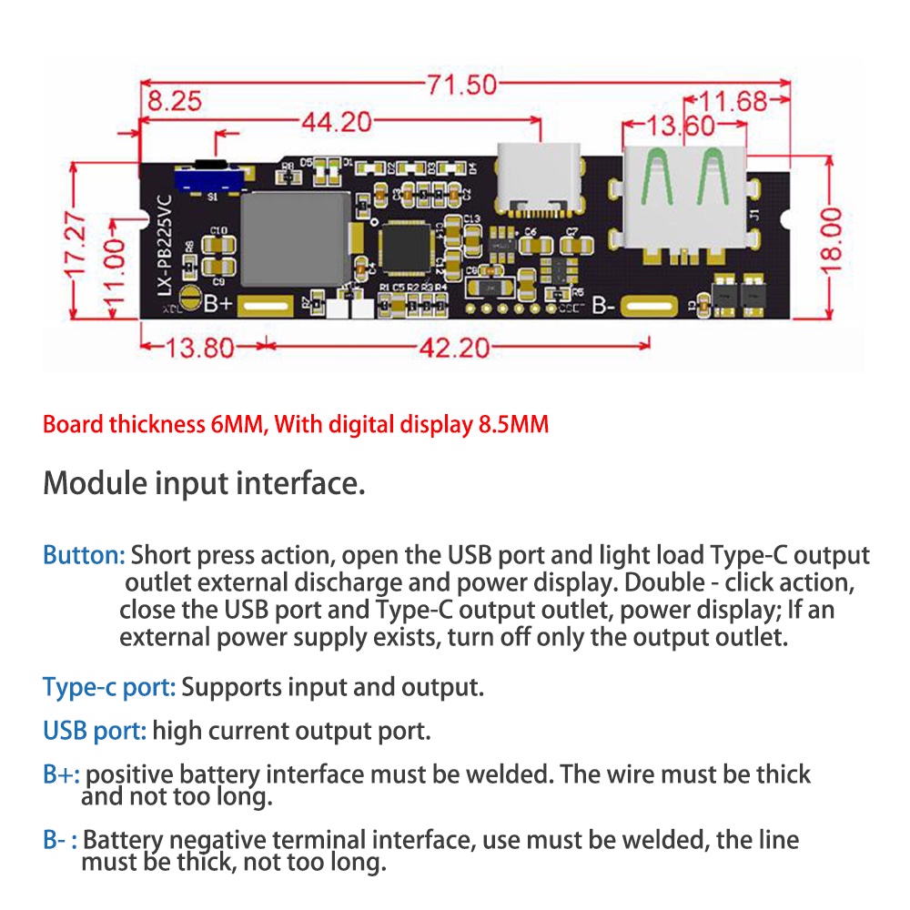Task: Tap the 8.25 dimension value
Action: (x=174, y=101)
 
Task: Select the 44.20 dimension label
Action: (x=336, y=121)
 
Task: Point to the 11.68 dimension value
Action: (x=738, y=101)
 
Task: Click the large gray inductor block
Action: (x=294, y=237)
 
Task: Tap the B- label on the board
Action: (x=605, y=306)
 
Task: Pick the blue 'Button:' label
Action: (x=84, y=555)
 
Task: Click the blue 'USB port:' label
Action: (x=95, y=730)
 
